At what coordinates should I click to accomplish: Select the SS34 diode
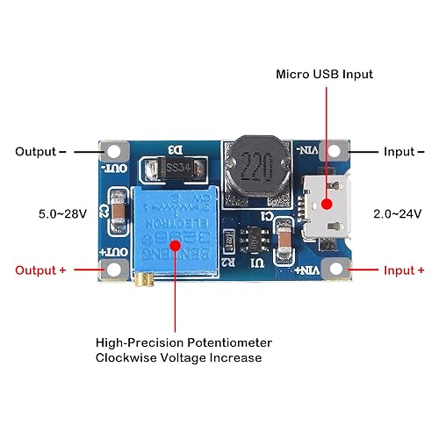click(175, 168)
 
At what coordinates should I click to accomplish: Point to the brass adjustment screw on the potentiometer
click(141, 280)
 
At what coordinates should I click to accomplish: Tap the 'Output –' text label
click(40, 152)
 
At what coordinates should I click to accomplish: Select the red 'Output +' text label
click(40, 270)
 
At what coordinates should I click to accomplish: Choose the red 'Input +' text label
click(404, 270)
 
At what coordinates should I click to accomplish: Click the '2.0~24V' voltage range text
click(398, 213)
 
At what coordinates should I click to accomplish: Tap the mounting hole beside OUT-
click(116, 152)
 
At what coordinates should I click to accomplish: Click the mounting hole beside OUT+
click(116, 270)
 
